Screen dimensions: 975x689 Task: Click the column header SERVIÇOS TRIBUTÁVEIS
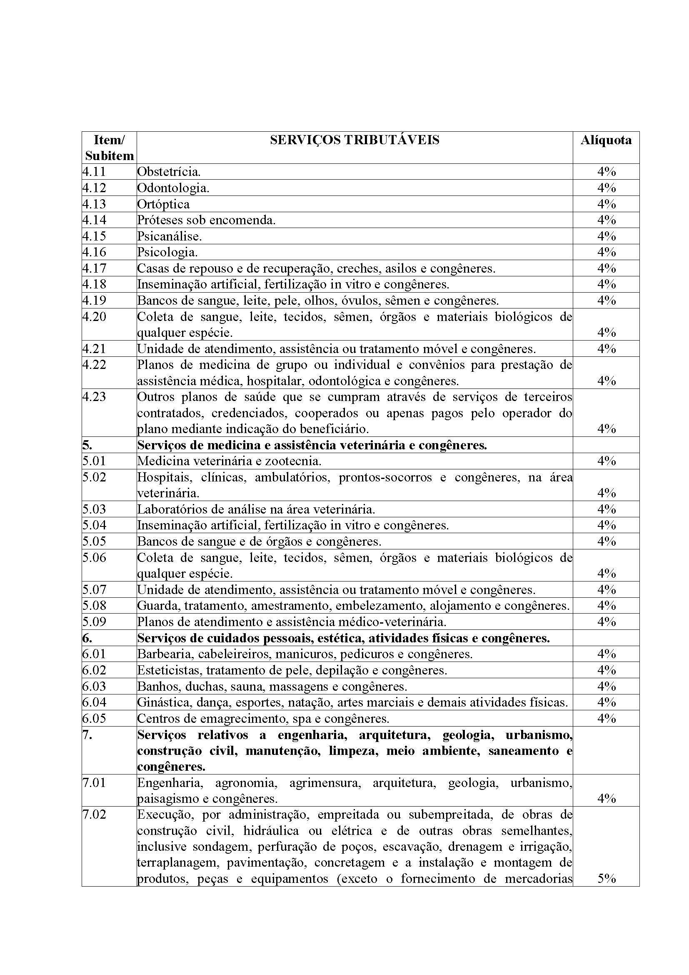click(354, 140)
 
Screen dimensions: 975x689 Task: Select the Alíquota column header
click(606, 140)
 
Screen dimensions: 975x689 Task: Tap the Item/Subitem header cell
click(109, 148)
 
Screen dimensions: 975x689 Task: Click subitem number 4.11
click(94, 172)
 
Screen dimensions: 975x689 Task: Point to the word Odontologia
click(173, 188)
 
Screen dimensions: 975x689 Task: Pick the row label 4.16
click(94, 252)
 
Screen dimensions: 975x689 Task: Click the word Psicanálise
click(169, 236)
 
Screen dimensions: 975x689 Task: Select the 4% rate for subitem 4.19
click(606, 300)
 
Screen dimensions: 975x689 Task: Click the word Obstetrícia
click(168, 172)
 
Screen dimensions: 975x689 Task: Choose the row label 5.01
click(94, 461)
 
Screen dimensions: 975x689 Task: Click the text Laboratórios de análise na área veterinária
click(256, 509)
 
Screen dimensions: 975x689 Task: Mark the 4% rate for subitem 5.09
click(606, 622)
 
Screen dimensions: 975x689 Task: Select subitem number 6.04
click(94, 702)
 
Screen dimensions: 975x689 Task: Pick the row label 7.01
click(94, 783)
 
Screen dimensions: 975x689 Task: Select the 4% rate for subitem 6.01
click(606, 654)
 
